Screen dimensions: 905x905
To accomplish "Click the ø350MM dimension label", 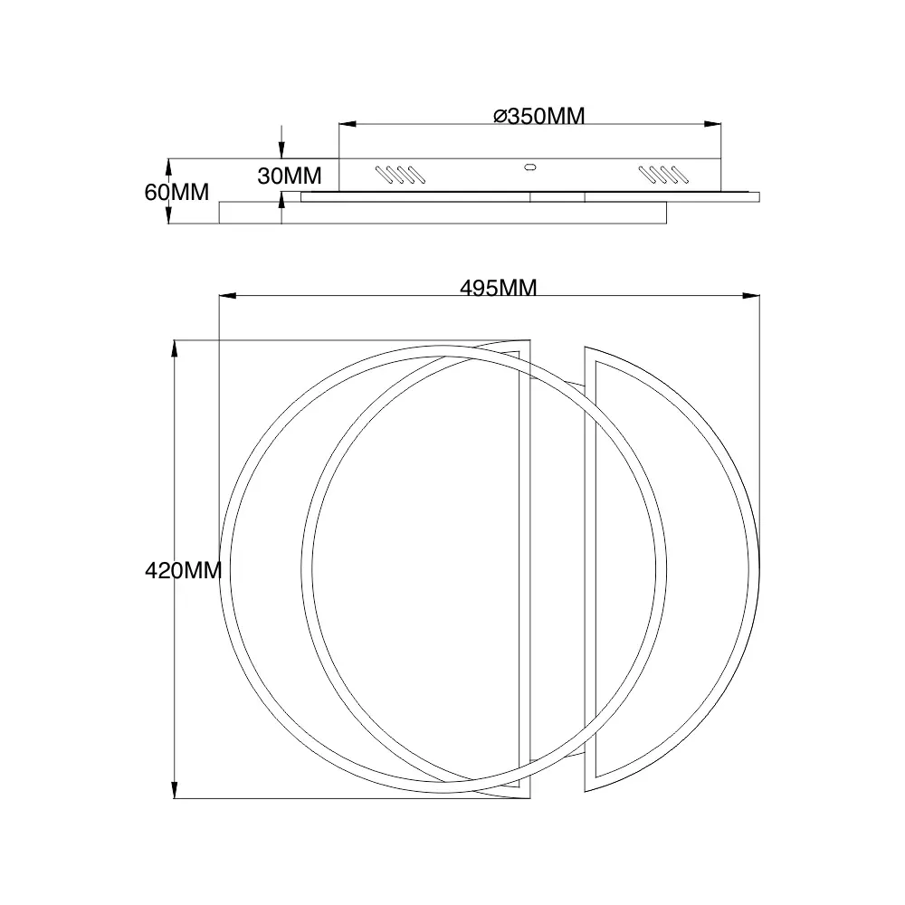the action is [539, 116].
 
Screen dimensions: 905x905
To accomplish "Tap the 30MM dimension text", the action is [290, 176].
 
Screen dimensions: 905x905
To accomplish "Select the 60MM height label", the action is [176, 192].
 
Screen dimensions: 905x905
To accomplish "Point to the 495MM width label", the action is [498, 288].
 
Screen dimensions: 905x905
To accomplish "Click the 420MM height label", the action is [184, 571].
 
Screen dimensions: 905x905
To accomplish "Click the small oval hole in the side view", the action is [529, 168].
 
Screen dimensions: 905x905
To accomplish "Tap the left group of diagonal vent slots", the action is [401, 175].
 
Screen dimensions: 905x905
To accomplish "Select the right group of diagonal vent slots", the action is [663, 175].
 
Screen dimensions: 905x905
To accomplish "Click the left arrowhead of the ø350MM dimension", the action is [347, 124].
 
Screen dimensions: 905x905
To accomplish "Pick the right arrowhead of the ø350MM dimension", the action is [713, 124].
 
